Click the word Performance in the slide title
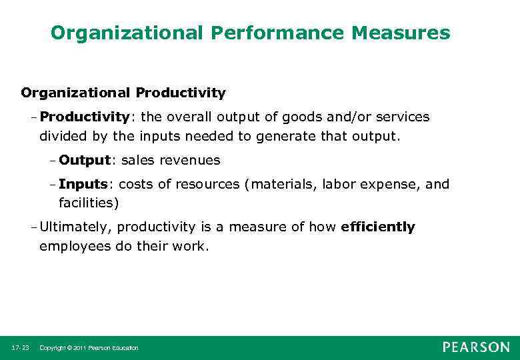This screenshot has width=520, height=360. (259, 32)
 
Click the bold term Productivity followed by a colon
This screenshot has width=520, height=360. (85, 117)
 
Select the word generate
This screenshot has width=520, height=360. (262, 137)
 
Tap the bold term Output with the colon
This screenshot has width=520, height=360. (85, 161)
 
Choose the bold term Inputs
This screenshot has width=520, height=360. (83, 184)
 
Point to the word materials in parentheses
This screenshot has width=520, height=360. (283, 184)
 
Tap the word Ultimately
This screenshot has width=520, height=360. (76, 227)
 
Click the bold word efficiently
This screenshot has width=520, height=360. (377, 227)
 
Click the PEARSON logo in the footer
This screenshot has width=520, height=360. (476, 347)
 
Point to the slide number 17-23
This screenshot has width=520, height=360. (20, 348)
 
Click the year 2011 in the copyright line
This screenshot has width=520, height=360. (79, 348)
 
